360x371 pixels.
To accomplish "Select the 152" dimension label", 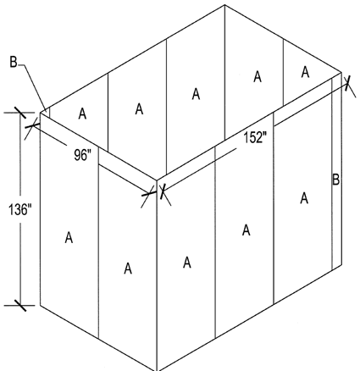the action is [255, 138].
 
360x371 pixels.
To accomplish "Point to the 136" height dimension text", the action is [19, 209].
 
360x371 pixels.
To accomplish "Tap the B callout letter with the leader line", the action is [14, 62].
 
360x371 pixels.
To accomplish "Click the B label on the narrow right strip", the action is [335, 180].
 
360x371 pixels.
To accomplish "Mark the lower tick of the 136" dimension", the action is [19, 305].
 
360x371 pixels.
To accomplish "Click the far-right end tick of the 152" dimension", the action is [347, 82].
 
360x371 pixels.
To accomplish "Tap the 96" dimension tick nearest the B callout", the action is [31, 126].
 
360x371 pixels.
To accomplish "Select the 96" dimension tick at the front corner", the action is [148, 194].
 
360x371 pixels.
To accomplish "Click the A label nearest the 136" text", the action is [69, 237].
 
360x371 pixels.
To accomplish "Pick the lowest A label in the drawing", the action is [128, 269].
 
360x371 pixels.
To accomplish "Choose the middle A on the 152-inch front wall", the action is [246, 230].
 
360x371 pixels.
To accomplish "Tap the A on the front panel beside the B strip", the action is [304, 198].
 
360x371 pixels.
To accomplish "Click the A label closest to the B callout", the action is [82, 114].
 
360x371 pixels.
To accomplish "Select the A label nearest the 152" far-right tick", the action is [305, 72].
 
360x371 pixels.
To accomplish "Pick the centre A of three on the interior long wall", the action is [196, 94].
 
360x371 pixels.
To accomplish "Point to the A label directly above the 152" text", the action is [258, 76].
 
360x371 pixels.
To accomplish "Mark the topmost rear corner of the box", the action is [224, 5].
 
